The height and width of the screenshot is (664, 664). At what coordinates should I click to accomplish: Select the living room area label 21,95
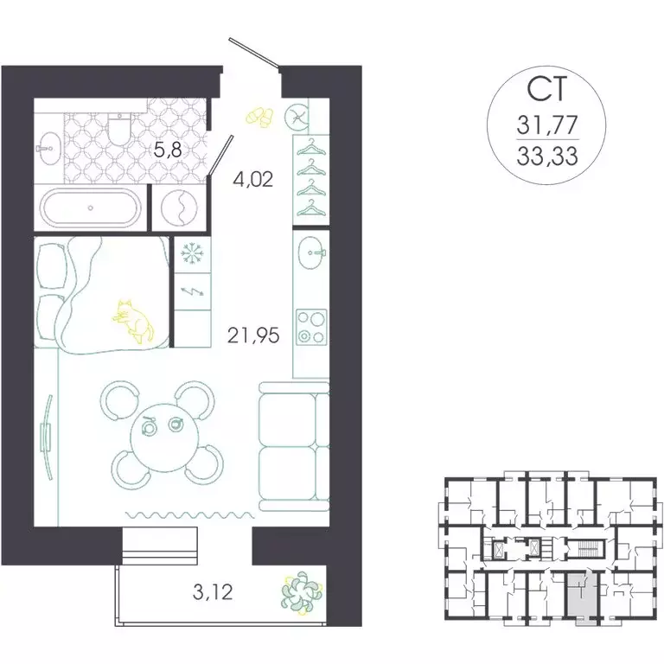pos(252,335)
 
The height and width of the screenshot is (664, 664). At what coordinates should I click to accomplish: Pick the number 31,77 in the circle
pos(547,125)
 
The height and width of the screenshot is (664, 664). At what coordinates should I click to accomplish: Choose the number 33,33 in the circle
pos(547,156)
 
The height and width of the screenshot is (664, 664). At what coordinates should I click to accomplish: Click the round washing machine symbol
pos(178,207)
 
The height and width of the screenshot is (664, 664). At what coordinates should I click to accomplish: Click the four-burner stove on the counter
pos(310,327)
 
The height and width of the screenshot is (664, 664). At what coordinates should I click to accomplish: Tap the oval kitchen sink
pos(311,252)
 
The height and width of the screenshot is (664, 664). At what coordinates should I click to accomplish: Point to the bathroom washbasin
pos(48,146)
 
